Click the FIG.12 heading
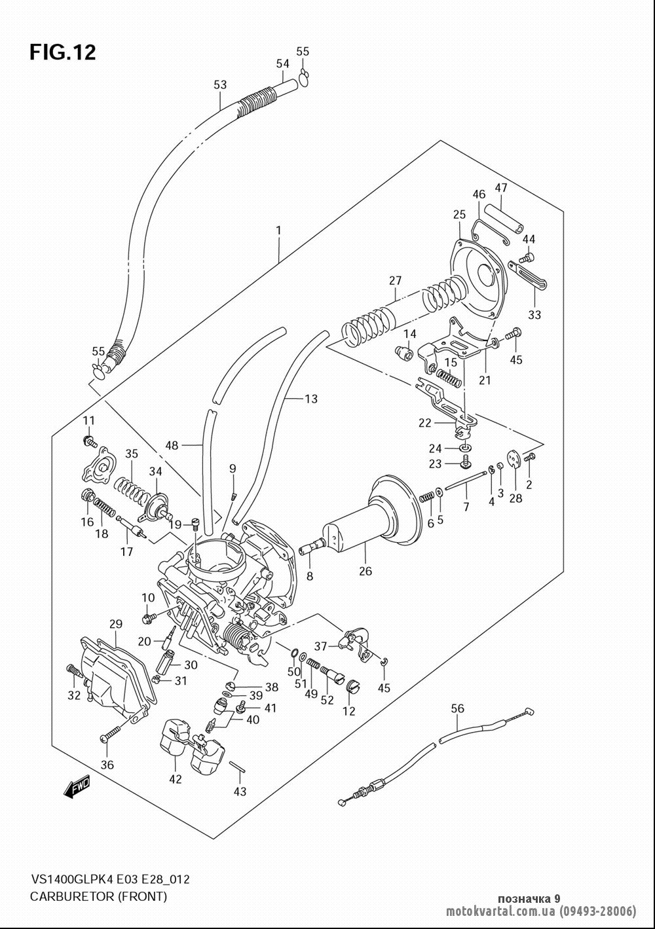(x=63, y=52)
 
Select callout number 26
(x=365, y=571)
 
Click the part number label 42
(x=176, y=779)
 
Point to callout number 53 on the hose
(x=220, y=84)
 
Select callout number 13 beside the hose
(x=310, y=399)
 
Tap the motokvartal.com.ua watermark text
(x=500, y=911)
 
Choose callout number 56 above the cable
(x=458, y=708)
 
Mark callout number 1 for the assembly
(x=279, y=230)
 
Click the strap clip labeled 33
(x=528, y=274)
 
